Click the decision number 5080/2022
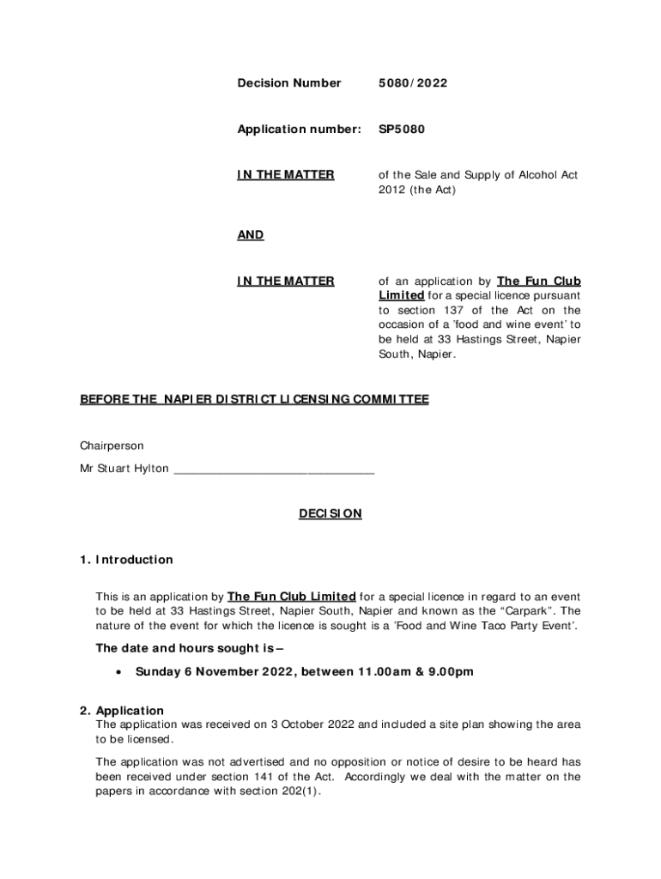point(413,83)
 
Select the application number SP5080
point(402,130)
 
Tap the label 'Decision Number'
point(288,83)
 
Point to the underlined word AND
point(251,235)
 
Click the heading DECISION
point(330,514)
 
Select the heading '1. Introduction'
point(126,560)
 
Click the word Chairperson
point(112,446)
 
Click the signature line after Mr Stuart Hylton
point(274,470)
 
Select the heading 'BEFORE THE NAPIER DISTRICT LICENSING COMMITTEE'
point(254,400)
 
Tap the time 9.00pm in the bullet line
point(452,672)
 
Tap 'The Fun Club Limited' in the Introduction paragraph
point(292,597)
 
